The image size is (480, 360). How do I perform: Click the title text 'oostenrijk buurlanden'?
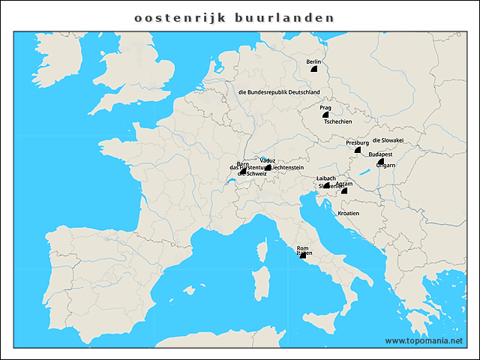(x=233, y=16)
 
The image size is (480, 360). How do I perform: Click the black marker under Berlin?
(x=314, y=68)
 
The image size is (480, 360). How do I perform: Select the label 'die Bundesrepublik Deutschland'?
(x=279, y=92)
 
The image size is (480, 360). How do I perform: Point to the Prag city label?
(x=325, y=108)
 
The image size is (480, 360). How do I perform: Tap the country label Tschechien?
(x=338, y=121)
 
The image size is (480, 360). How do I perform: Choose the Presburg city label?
(x=357, y=142)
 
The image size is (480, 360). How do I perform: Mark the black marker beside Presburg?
(x=359, y=150)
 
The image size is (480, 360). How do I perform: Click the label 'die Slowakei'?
(x=388, y=140)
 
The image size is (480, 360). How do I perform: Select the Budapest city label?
(x=381, y=154)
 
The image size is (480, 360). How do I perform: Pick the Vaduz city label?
(x=267, y=160)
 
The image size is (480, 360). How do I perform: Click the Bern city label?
(x=242, y=164)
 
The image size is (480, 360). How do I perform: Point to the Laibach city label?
(x=326, y=178)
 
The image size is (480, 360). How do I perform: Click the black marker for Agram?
(x=344, y=190)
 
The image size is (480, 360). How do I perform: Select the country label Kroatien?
(x=349, y=213)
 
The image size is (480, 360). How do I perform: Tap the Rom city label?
(x=302, y=248)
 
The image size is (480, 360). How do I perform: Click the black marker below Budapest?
(x=381, y=161)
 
